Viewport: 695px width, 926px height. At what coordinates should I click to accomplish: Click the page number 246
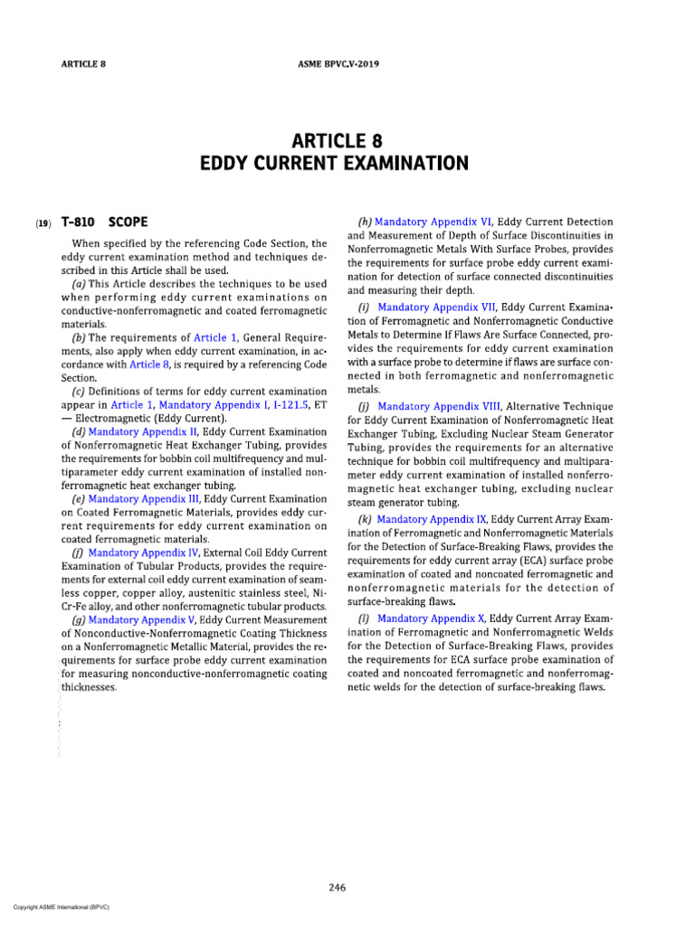(x=338, y=888)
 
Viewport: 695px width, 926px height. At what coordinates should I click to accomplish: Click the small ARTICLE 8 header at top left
(x=83, y=65)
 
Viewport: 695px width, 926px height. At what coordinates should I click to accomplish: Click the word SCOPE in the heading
(x=129, y=222)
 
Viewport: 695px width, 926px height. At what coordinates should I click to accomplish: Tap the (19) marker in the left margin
(x=43, y=222)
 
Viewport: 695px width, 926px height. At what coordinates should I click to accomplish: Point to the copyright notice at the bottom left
(x=56, y=906)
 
